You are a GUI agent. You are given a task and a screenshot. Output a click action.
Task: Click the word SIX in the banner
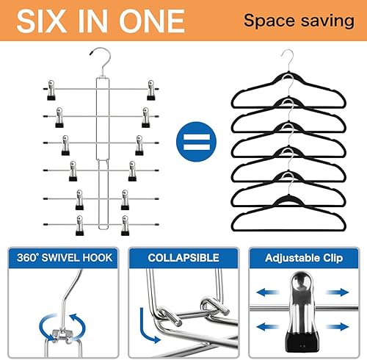[42, 21]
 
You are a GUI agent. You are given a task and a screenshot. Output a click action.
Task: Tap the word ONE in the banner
[152, 21]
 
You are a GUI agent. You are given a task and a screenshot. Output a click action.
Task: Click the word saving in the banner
[328, 21]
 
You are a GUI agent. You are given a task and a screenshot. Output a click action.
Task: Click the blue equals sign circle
[196, 142]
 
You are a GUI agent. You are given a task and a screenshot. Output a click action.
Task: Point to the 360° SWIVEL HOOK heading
[65, 258]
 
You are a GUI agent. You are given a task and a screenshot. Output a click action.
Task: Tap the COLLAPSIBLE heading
[183, 258]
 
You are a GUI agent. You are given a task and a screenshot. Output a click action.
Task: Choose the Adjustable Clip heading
[304, 258]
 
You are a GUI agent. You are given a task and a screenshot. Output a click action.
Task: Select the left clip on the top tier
[51, 90]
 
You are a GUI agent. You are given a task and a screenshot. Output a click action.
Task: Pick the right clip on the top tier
[151, 90]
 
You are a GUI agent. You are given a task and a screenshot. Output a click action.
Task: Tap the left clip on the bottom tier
[80, 226]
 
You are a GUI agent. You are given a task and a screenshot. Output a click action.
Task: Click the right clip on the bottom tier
[125, 226]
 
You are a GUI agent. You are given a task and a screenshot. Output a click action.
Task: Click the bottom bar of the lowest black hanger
[288, 230]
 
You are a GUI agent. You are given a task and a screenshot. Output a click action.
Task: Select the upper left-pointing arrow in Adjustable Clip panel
[268, 292]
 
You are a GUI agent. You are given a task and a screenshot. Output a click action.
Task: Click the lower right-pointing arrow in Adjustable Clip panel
[338, 327]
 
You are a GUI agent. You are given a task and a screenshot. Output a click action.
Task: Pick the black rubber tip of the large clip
[302, 342]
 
